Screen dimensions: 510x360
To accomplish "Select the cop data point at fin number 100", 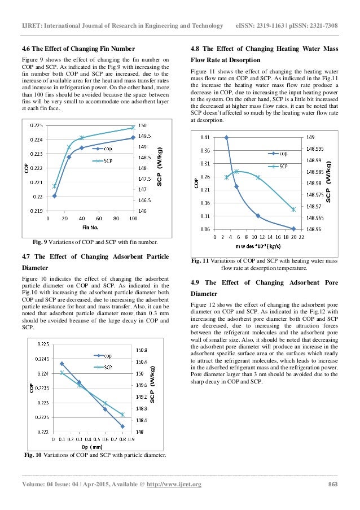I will pos(133,137).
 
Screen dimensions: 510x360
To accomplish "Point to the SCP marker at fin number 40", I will pos(81,137).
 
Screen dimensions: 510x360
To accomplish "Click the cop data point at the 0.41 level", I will pos(227,137).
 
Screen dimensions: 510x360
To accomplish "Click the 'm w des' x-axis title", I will pos(259,247).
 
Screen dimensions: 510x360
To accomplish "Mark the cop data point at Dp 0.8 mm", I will pos(122,426).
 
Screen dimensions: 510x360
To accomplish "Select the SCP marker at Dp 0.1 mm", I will pos(62,372).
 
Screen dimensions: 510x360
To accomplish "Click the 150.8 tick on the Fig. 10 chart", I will pos(142,350).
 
